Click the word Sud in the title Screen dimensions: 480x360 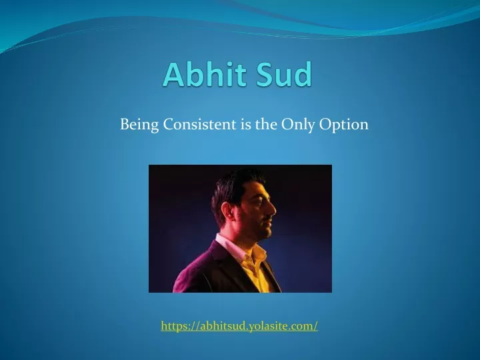[x=285, y=74]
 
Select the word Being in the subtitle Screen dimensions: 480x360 [x=139, y=125]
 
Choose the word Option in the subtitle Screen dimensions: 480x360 [x=344, y=125]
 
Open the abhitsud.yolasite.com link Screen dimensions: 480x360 [x=239, y=326]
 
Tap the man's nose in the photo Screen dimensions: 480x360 [x=271, y=209]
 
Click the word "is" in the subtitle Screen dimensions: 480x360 [x=245, y=124]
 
